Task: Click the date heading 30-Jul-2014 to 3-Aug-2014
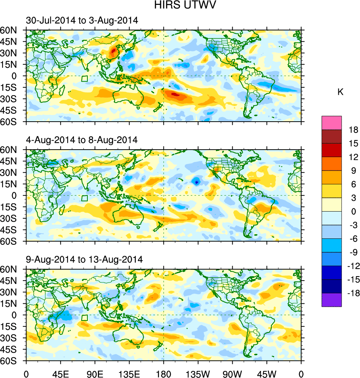click(x=82, y=21)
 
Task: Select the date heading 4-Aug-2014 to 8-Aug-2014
click(x=82, y=140)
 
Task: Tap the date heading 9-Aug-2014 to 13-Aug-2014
click(x=84, y=259)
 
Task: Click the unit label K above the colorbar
click(x=340, y=92)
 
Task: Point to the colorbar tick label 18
click(x=353, y=130)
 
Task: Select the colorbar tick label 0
click(x=353, y=212)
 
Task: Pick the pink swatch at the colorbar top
click(x=332, y=122)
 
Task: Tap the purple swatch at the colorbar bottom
click(x=332, y=300)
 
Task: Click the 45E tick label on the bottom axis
click(x=60, y=374)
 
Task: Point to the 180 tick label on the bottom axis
click(x=164, y=374)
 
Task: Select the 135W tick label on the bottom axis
click(x=198, y=374)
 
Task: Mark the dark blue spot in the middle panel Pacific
click(x=197, y=182)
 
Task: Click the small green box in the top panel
click(x=85, y=79)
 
